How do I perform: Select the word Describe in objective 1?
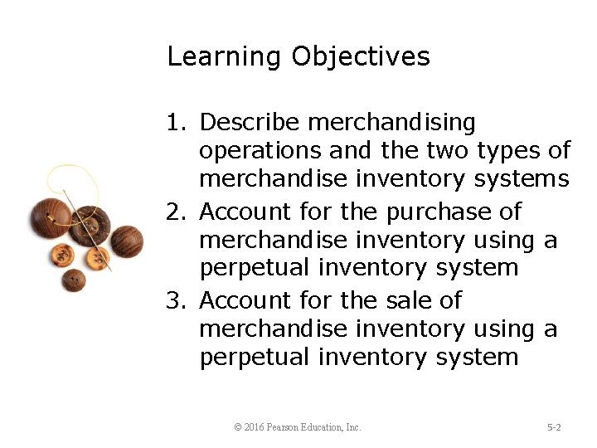coord(250,123)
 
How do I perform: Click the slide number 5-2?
coord(554,427)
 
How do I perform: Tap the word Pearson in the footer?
coord(285,427)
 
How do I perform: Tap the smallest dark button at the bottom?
coord(74,280)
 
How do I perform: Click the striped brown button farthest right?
coord(126,241)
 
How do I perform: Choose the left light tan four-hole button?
coord(62,256)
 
